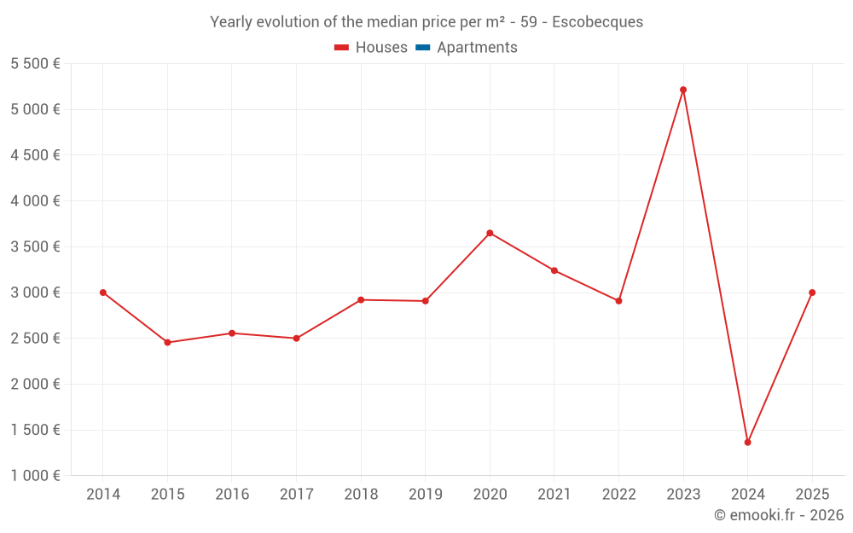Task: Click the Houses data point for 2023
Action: pyautogui.click(x=683, y=90)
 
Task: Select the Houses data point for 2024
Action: pyautogui.click(x=747, y=442)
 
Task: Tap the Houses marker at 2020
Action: pyautogui.click(x=490, y=233)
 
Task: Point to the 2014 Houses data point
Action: pyautogui.click(x=103, y=293)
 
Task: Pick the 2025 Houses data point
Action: pyautogui.click(x=812, y=293)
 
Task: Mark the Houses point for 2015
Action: pyautogui.click(x=167, y=342)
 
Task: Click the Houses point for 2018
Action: pyautogui.click(x=361, y=299)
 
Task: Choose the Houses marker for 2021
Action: pyautogui.click(x=554, y=270)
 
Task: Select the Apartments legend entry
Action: pyautogui.click(x=477, y=48)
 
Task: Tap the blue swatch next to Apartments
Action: pyautogui.click(x=422, y=48)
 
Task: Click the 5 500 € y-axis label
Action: pyautogui.click(x=35, y=63)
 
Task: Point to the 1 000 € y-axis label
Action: pyautogui.click(x=35, y=475)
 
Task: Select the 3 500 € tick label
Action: pyautogui.click(x=35, y=246)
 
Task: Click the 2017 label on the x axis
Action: pyautogui.click(x=296, y=494)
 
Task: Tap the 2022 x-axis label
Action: pyautogui.click(x=618, y=494)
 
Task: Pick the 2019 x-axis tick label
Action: pyautogui.click(x=425, y=494)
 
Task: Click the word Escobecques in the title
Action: pyautogui.click(x=597, y=22)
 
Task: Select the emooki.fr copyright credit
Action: pyautogui.click(x=778, y=515)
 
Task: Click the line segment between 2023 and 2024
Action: pyautogui.click(x=715, y=265)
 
